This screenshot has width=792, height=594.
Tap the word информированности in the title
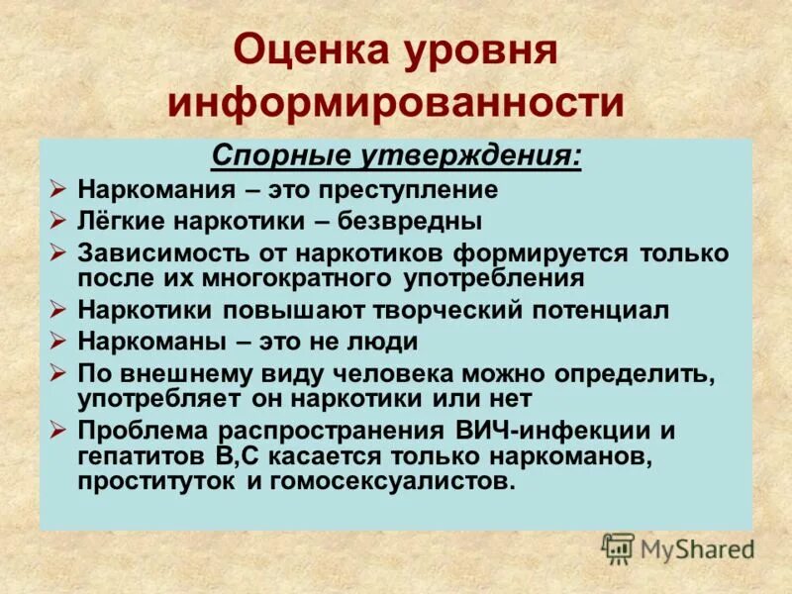(x=396, y=102)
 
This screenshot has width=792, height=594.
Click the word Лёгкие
(x=124, y=220)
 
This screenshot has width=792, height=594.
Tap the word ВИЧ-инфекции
(x=552, y=432)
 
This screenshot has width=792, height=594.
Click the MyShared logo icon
(x=618, y=547)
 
